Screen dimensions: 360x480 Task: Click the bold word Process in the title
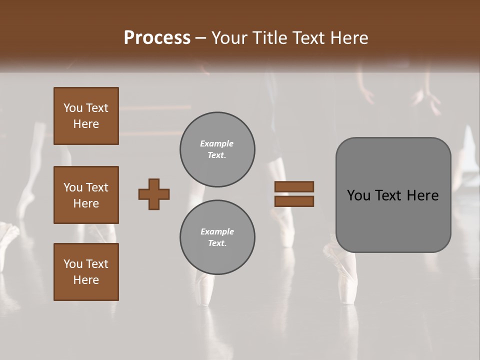tap(157, 38)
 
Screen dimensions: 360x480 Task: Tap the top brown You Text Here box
tap(86, 116)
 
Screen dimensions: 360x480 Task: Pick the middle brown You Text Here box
tap(86, 195)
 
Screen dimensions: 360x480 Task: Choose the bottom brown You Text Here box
tap(86, 272)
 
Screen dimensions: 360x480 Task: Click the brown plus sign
tap(154, 194)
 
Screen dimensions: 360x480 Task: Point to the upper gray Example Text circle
tap(217, 149)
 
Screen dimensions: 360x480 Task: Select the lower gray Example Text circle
tap(217, 237)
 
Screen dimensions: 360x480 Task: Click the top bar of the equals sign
tap(294, 187)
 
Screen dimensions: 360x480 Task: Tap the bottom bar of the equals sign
tap(294, 201)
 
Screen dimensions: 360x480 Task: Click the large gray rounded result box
tap(393, 220)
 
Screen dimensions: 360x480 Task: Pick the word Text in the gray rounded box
tap(388, 195)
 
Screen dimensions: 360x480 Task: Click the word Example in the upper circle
tap(216, 143)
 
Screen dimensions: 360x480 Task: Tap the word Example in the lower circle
tap(217, 231)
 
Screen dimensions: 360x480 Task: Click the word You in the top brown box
tap(72, 108)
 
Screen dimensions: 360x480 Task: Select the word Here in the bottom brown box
tap(86, 280)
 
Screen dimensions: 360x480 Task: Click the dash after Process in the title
tap(200, 38)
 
